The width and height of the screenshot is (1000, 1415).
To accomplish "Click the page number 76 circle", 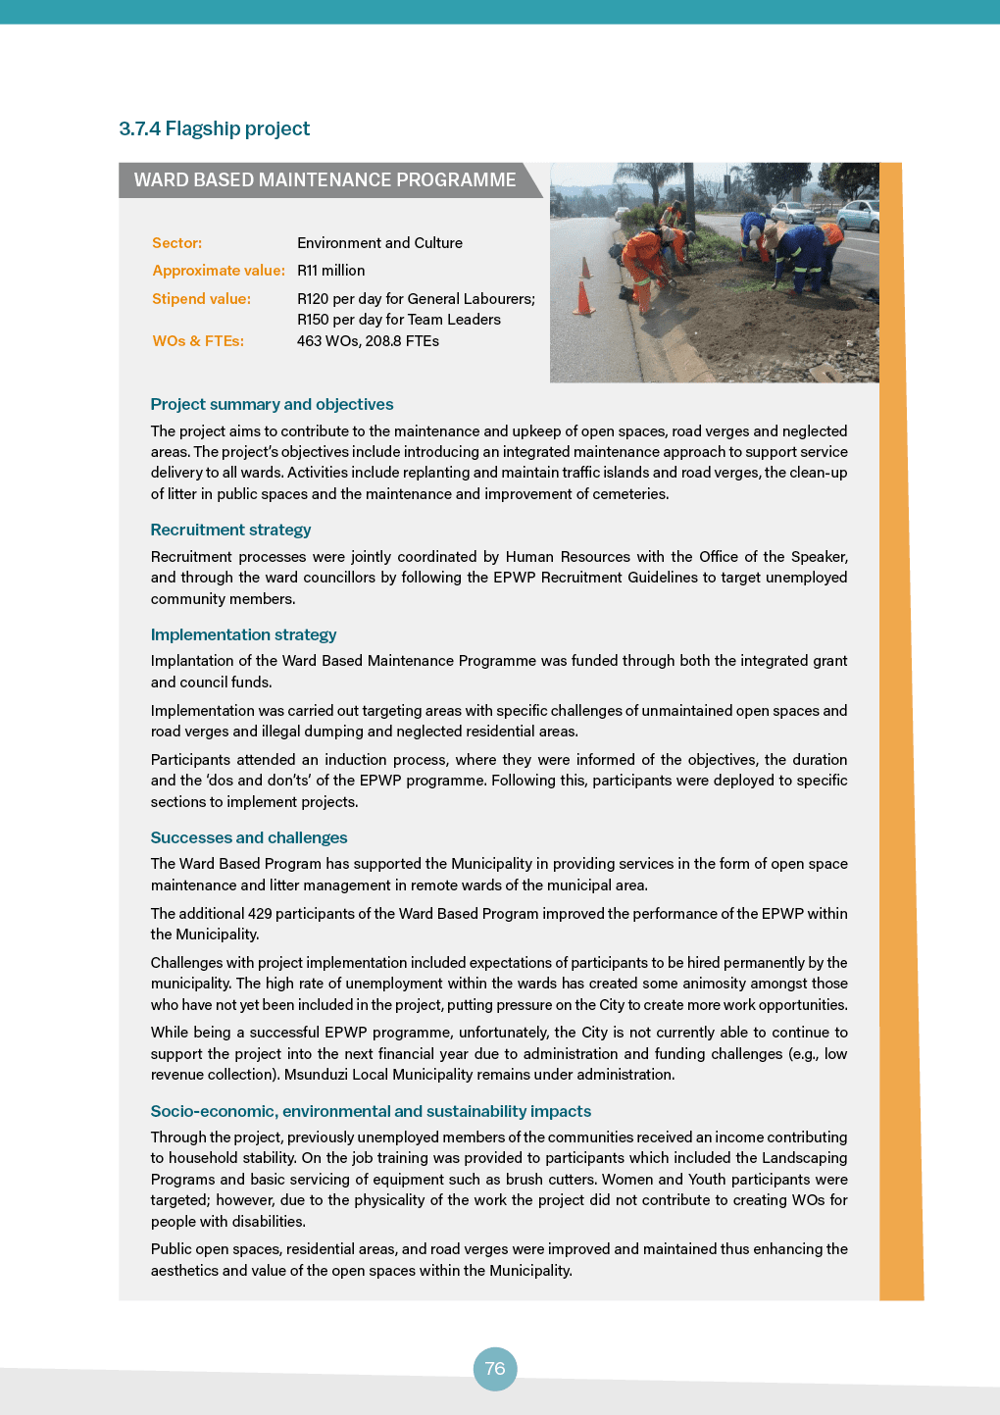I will [x=495, y=1368].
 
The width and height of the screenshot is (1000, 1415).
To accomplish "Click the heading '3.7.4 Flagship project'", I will [x=214, y=128].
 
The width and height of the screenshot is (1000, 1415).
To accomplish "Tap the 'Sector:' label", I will [x=176, y=243].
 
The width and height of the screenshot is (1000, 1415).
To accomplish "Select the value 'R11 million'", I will [x=330, y=271].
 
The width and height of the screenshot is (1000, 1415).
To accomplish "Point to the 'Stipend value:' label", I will [x=201, y=299].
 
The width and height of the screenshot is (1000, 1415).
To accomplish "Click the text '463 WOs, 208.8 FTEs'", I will [x=368, y=341].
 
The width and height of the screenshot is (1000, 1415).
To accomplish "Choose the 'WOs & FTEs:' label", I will [x=198, y=341].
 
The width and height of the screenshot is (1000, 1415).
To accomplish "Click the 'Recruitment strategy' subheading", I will [x=230, y=530].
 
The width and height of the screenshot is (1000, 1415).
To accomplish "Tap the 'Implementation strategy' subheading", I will [x=243, y=634].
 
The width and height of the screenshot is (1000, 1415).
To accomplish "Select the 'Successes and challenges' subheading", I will [x=249, y=837].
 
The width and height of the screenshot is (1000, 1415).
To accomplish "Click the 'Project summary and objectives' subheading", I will [x=272, y=404].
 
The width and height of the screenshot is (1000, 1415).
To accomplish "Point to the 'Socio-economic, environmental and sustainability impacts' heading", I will [x=371, y=1111].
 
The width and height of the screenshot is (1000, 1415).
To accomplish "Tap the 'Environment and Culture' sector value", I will [x=379, y=243].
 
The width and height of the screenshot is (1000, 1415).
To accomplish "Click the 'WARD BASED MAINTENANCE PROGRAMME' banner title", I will [x=325, y=180].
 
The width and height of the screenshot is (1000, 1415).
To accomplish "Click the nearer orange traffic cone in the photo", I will [x=584, y=298].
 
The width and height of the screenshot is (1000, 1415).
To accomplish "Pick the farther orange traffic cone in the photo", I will [x=586, y=267].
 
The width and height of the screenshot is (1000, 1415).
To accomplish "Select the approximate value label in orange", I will [x=219, y=271].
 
